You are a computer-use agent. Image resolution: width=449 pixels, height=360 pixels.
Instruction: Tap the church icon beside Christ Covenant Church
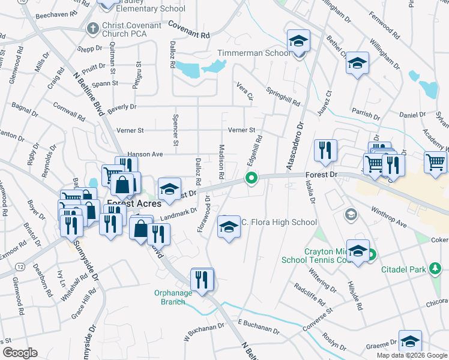(93, 28)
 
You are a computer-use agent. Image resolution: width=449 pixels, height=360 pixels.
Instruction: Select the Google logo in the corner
(20, 353)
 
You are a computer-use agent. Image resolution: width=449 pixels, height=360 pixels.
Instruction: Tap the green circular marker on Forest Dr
(252, 178)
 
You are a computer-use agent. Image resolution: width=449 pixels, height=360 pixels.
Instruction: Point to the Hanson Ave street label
(141, 154)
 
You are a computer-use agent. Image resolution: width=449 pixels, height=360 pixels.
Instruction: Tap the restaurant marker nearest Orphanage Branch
(202, 280)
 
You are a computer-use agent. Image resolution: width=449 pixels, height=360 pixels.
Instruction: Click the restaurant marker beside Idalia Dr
(325, 151)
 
